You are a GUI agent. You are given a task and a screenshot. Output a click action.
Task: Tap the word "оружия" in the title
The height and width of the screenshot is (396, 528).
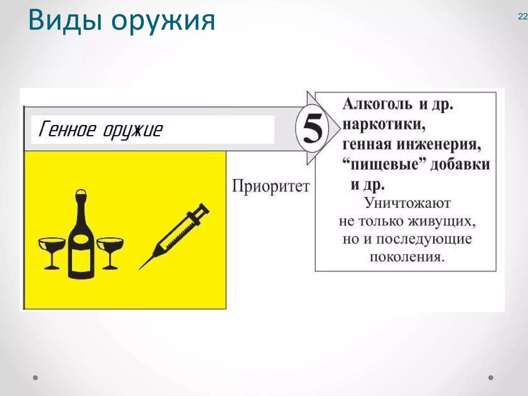[163, 22]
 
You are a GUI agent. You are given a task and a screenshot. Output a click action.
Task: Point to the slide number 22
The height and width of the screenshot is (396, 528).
[523, 17]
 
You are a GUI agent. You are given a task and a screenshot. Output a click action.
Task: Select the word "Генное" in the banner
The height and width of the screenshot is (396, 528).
[67, 129]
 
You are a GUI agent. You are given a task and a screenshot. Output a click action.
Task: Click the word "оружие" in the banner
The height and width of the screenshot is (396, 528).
[133, 130]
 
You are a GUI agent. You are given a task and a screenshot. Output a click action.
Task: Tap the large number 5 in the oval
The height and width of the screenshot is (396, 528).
[312, 128]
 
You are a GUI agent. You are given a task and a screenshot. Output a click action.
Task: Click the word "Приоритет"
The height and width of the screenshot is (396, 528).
[271, 186]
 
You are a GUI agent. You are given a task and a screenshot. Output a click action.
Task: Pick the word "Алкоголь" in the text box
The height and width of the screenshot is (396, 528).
[377, 104]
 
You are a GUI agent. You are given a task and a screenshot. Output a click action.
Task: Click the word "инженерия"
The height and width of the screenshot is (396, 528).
[439, 144]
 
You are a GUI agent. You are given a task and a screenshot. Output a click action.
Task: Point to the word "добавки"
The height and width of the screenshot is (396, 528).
[460, 164]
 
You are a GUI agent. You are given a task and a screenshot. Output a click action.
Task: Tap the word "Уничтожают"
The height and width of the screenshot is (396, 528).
[407, 203]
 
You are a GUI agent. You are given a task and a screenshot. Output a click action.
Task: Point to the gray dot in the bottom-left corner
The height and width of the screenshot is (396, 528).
[36, 378]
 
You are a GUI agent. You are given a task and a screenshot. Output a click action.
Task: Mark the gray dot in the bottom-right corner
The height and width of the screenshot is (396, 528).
[491, 378]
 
